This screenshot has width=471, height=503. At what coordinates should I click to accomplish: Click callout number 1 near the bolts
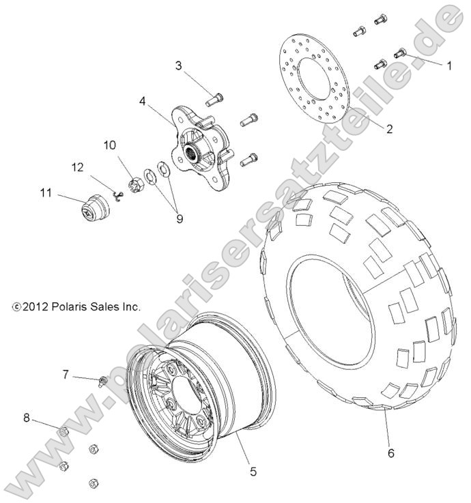449,66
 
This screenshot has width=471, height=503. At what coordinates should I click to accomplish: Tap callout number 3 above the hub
178,66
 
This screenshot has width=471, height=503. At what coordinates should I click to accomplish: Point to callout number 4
143,101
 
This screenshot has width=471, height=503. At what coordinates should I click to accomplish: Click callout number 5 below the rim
253,470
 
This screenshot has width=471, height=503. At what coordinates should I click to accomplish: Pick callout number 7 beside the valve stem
66,373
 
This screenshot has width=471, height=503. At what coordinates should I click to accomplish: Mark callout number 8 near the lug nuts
27,418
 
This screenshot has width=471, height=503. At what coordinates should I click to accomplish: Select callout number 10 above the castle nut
110,145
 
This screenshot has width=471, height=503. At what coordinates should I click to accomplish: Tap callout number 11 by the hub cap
46,195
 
